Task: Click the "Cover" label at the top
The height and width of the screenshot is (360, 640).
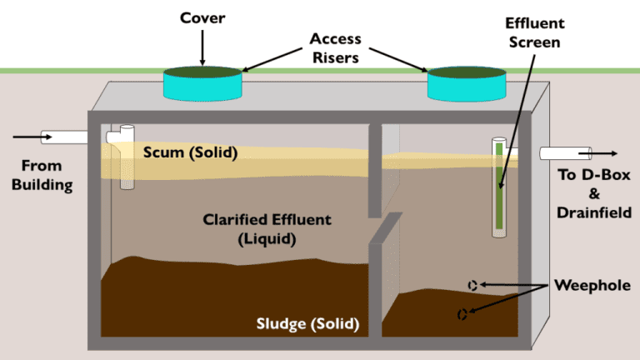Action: point(202,17)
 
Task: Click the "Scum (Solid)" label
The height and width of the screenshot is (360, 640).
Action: point(190,153)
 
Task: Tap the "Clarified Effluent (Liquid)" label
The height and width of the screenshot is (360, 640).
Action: point(267,229)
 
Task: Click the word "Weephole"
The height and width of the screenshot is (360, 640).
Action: point(592,286)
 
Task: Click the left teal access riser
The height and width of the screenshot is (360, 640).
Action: point(202,84)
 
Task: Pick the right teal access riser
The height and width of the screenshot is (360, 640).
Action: point(467,84)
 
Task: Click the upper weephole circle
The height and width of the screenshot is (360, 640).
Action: point(472,284)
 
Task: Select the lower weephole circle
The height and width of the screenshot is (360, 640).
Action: point(462,314)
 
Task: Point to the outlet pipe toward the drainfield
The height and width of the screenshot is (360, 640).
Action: point(565,153)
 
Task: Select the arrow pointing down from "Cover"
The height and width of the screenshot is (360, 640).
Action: point(202,49)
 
